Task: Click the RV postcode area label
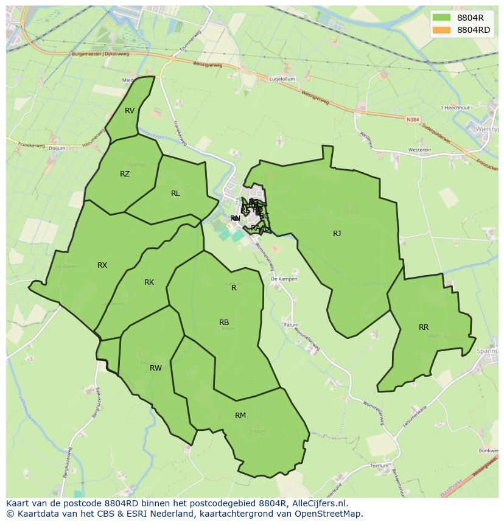(x=130, y=111)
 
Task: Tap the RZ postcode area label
(x=125, y=174)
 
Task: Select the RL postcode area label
(x=175, y=194)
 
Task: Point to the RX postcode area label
(x=102, y=265)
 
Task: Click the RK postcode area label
(x=149, y=282)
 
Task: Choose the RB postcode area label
(x=224, y=323)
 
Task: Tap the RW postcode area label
(x=156, y=368)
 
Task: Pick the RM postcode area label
(x=240, y=416)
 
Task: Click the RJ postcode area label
(x=337, y=234)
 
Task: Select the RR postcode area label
(x=424, y=327)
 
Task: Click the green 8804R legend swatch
(x=442, y=18)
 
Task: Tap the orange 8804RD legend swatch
(x=442, y=30)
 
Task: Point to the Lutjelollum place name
(x=282, y=79)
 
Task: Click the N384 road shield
(x=413, y=120)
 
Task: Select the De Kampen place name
(x=284, y=279)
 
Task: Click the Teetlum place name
(x=379, y=466)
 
